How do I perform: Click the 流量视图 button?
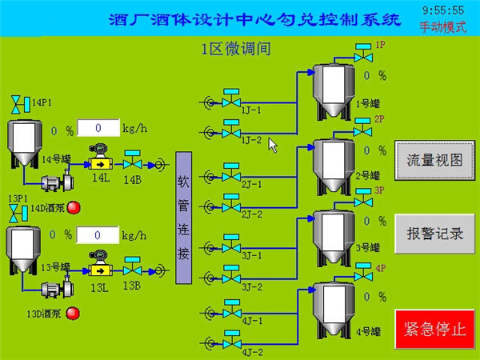click(x=434, y=159)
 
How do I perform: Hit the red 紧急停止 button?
click(x=434, y=330)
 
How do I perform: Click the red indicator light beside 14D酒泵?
click(x=74, y=208)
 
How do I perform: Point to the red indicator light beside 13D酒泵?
click(x=73, y=313)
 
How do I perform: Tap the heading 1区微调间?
click(x=236, y=49)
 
